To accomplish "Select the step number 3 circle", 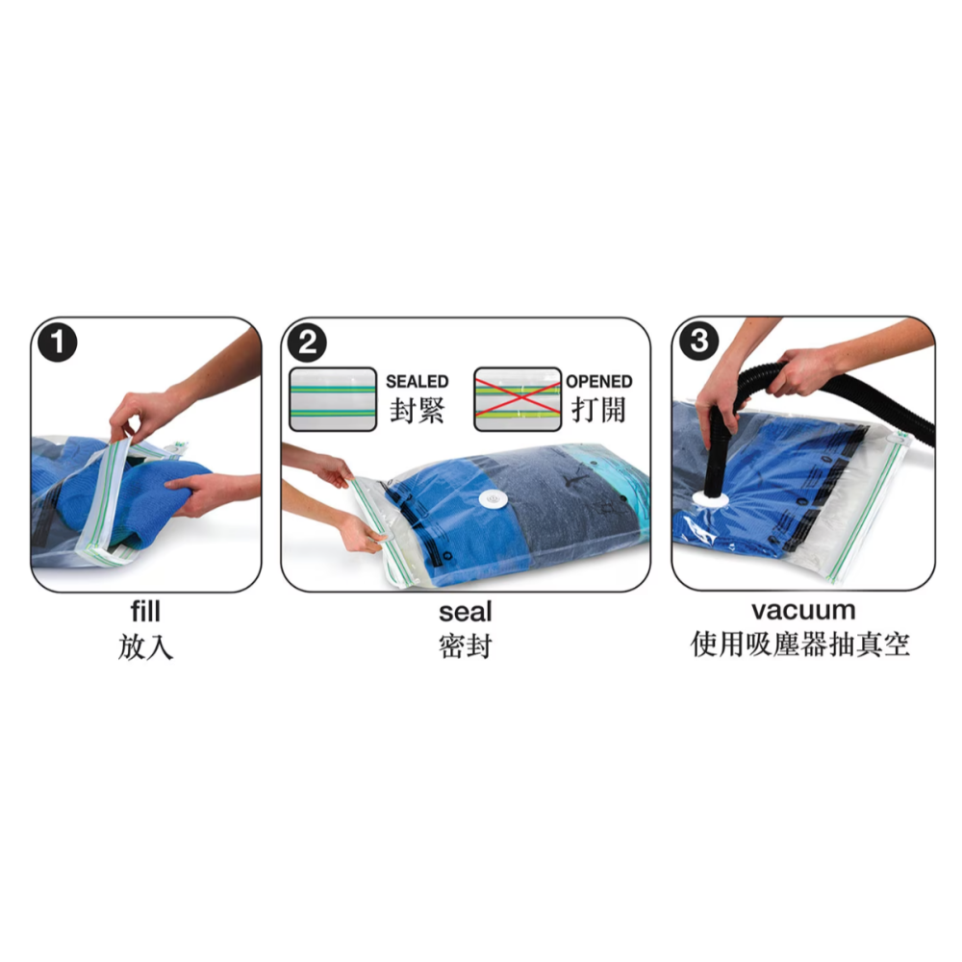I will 698,342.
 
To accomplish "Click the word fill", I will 145,611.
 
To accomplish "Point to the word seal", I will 465,611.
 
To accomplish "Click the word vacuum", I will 803,610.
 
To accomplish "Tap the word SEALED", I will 417,382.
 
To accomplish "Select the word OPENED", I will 598,382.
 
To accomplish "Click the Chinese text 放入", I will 145,646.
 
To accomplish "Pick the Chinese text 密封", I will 465,646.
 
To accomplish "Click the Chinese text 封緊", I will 417,411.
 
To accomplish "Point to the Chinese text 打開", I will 598,411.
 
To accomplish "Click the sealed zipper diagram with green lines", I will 333,398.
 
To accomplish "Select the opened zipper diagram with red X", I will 518,398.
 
